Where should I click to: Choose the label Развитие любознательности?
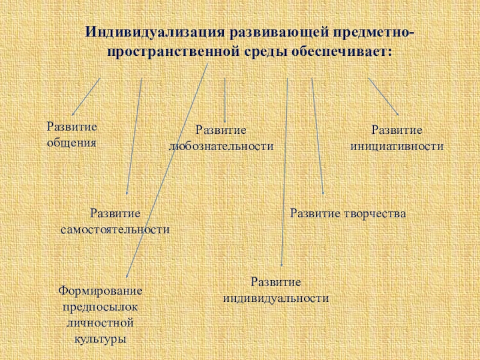221,137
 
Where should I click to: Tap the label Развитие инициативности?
397,137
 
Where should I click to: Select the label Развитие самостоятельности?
115,221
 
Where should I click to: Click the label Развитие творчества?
348,213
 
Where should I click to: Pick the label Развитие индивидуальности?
276,289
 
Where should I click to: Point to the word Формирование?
100,290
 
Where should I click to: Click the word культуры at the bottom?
100,339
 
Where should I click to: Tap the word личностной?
100,323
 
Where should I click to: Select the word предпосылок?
100,307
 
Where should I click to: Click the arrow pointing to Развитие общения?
86,97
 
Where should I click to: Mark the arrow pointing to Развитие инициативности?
383,97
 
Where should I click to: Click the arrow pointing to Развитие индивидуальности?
285,174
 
